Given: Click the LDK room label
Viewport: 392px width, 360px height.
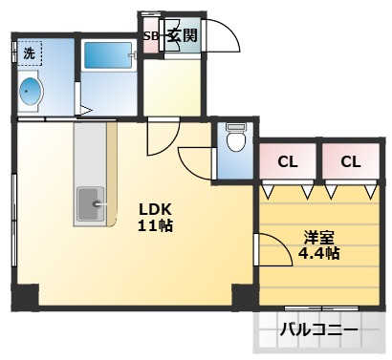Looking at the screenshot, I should tap(154, 209).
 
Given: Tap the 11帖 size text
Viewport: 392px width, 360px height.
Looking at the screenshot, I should tap(156, 226).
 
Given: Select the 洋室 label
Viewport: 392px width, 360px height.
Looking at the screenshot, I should tap(318, 237).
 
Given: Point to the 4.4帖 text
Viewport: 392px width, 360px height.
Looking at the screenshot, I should tap(318, 254).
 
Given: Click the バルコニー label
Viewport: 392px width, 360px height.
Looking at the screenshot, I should tap(319, 330).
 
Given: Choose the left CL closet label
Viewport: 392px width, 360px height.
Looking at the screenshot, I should tap(287, 161).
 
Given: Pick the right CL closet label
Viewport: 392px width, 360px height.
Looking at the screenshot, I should tap(350, 161).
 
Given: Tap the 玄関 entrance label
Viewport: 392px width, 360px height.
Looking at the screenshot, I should tap(183, 37).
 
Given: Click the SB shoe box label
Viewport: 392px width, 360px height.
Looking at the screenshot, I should tap(151, 37).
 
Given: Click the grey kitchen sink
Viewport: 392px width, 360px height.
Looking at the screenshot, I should tap(93, 201).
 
